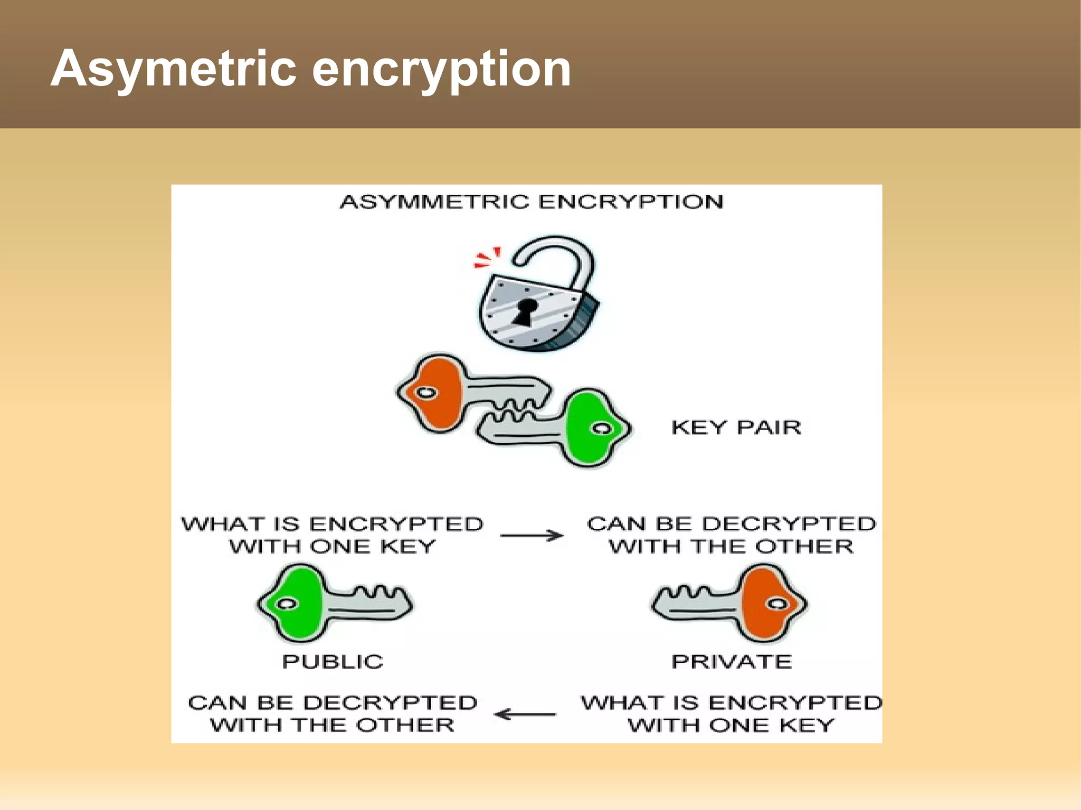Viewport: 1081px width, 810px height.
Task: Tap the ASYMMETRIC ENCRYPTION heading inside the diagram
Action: coord(531,202)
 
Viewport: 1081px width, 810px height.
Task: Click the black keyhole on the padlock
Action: coord(526,311)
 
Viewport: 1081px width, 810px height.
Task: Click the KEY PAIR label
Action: coord(736,427)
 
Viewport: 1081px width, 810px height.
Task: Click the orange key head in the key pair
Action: coord(438,393)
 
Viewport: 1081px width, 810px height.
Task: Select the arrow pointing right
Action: coord(532,536)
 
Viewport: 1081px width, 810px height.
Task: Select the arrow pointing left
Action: coord(525,714)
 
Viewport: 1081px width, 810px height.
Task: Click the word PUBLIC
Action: coord(333,661)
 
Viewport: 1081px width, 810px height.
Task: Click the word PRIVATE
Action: coord(732,661)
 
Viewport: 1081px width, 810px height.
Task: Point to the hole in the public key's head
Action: coord(287,604)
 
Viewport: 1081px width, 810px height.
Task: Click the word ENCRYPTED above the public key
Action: coord(396,524)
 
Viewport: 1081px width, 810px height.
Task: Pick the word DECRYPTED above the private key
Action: coord(789,523)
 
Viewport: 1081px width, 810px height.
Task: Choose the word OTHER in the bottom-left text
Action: coord(405,725)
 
